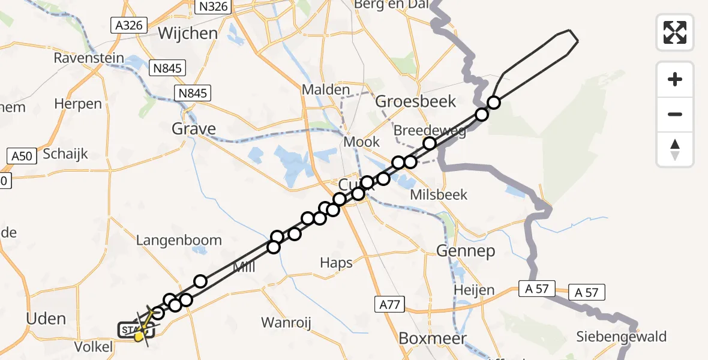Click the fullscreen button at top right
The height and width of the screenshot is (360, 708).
point(675,32)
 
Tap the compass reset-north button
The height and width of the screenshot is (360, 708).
point(675,149)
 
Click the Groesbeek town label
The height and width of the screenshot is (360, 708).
point(415,101)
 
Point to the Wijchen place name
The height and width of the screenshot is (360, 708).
point(188,33)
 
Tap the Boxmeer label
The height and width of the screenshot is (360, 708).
point(433,338)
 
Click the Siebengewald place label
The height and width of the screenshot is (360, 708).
point(622,336)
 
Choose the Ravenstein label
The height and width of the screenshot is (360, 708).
point(89,58)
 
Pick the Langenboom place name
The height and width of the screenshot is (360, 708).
point(179,240)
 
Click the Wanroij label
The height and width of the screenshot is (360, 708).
point(286,323)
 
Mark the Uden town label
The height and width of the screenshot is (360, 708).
point(46,318)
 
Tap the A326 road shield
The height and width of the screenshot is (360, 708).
point(128,25)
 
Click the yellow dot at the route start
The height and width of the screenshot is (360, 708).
point(139,337)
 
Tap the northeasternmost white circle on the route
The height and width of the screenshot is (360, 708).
point(493,103)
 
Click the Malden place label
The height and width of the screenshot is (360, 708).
point(326,89)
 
